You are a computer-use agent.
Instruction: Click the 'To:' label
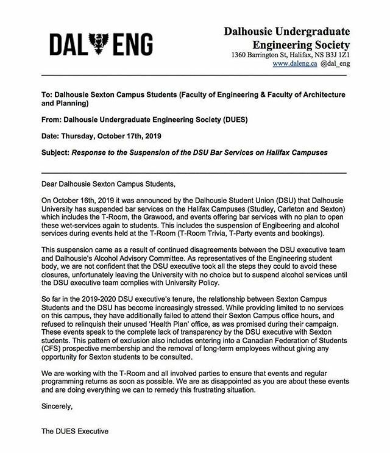[x=49, y=95]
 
